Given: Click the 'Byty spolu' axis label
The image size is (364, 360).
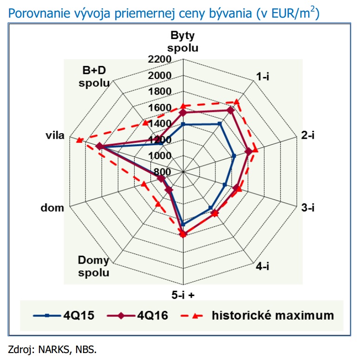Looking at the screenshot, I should (x=183, y=42).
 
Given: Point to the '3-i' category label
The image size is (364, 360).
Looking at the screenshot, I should (x=308, y=208).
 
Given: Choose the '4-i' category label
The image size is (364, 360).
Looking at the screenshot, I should (x=263, y=266).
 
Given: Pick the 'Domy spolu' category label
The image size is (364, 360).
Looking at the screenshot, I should (x=94, y=266).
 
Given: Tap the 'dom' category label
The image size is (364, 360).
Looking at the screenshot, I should (x=52, y=208).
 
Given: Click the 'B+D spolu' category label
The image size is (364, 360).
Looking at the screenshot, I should (x=94, y=77).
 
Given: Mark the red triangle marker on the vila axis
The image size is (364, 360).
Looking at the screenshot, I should (x=80, y=140).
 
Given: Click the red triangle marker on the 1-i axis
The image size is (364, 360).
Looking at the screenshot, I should (x=236, y=102).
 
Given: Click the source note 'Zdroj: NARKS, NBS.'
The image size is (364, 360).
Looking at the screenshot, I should (x=52, y=349).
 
